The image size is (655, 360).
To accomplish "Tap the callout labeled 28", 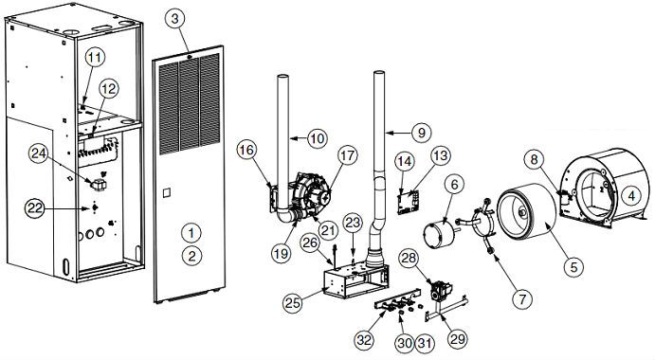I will pyautogui.click(x=411, y=259).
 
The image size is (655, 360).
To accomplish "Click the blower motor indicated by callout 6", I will pyautogui.click(x=440, y=231).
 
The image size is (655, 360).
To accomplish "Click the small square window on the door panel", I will pyautogui.click(x=167, y=195).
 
